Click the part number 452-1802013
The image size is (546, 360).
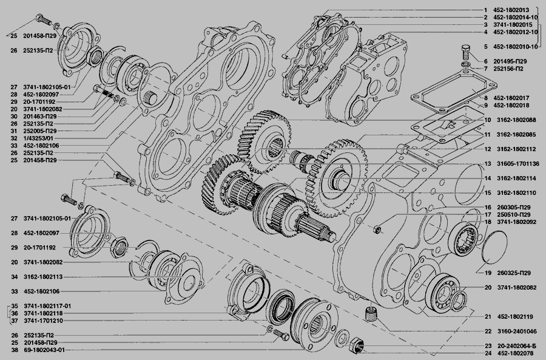(x=511, y=10)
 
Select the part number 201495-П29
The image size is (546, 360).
(x=510, y=61)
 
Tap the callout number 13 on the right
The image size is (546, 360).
(x=488, y=164)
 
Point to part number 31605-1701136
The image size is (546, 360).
(x=518, y=164)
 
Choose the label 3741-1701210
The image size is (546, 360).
(x=44, y=321)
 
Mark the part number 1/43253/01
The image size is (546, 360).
(x=39, y=138)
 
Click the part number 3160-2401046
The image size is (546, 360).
(x=517, y=331)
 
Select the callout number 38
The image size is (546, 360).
(x=14, y=350)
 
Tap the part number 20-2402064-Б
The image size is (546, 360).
(x=516, y=346)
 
